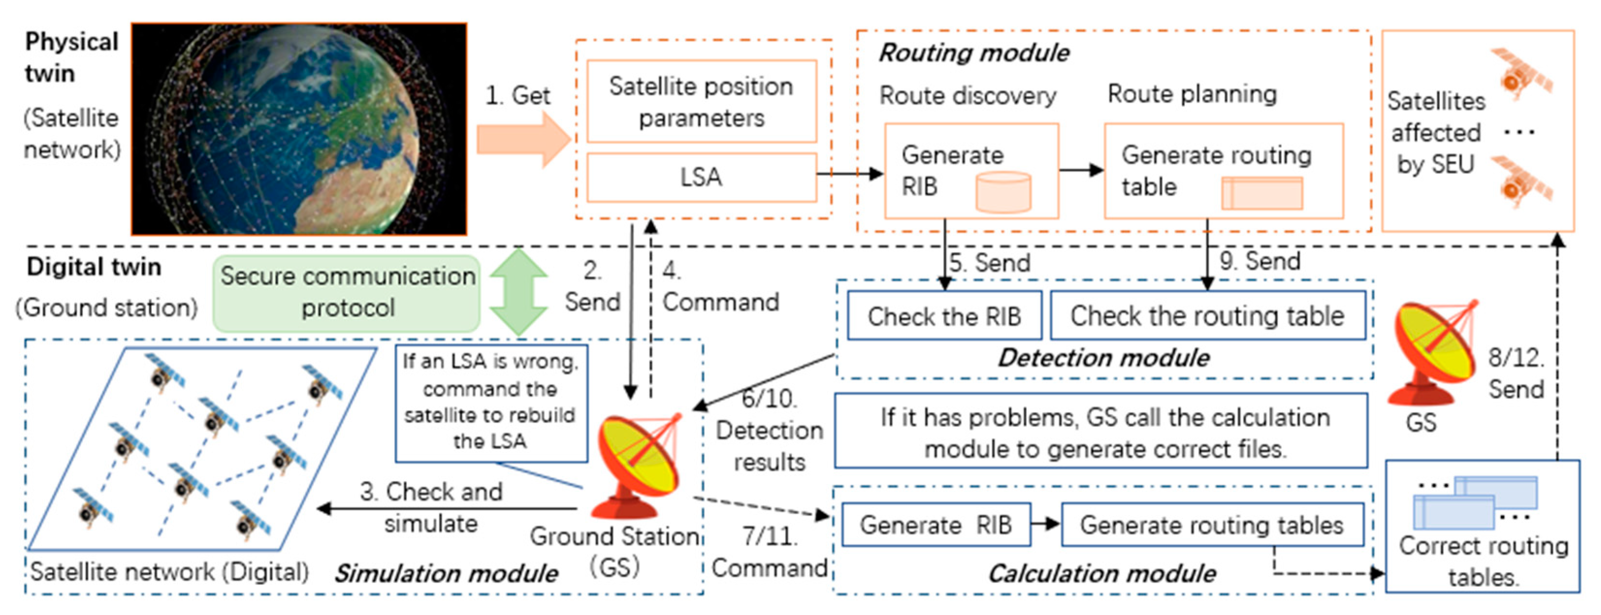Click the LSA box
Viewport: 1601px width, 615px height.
tap(702, 178)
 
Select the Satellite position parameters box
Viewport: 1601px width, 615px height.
tap(702, 101)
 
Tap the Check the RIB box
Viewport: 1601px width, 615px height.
tap(945, 315)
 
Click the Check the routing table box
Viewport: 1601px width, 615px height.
tap(1208, 315)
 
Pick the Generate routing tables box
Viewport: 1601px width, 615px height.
tap(1212, 525)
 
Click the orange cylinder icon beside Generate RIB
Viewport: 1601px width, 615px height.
tap(1003, 192)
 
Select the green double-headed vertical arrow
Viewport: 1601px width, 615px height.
tap(518, 292)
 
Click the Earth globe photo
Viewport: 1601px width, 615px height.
tap(299, 129)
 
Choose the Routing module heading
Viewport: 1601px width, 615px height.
tap(974, 53)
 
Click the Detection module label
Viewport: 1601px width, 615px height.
tap(1104, 358)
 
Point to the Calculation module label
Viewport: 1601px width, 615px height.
tap(1102, 573)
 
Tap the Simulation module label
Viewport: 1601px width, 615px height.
tap(446, 573)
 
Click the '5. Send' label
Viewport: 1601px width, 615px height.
tap(990, 262)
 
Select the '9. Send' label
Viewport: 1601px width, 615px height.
tap(1259, 261)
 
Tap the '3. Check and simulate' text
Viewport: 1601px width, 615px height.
tap(432, 507)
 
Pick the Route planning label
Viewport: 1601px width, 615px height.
tap(1192, 94)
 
